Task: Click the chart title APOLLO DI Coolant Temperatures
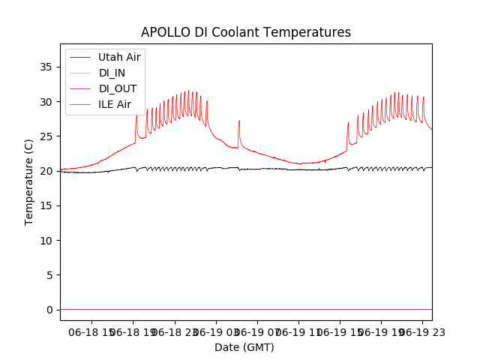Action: [246, 32]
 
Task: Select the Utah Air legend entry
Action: [119, 57]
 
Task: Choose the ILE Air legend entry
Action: [115, 104]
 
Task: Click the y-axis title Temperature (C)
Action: [29, 182]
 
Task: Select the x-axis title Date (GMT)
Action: [244, 347]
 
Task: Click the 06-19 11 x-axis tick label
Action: [298, 331]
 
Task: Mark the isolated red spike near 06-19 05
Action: [239, 122]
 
